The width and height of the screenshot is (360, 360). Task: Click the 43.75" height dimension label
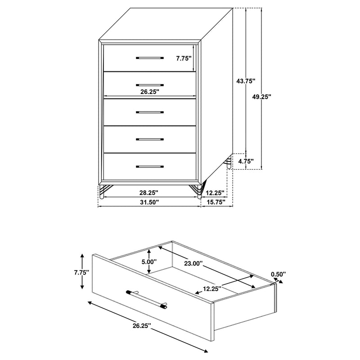click(x=245, y=81)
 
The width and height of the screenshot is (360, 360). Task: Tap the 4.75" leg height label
click(x=246, y=161)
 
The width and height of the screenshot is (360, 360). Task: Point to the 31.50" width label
click(x=149, y=202)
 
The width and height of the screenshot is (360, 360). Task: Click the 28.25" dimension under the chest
click(x=149, y=192)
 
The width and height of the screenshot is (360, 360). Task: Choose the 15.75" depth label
click(x=217, y=202)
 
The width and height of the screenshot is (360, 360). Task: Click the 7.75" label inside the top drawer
click(x=184, y=58)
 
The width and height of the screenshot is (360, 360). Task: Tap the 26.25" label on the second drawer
click(x=149, y=91)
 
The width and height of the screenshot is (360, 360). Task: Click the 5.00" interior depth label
click(x=148, y=261)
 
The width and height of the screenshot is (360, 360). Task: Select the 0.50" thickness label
click(x=278, y=274)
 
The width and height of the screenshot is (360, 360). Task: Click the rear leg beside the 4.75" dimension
click(x=230, y=162)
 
